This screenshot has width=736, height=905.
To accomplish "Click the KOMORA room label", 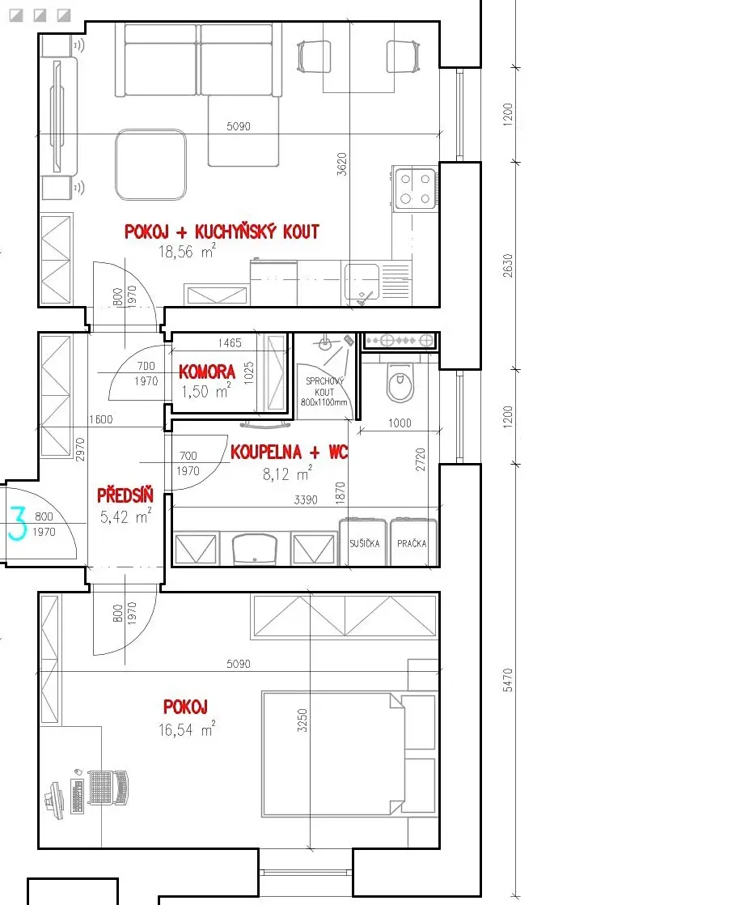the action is click(206, 372).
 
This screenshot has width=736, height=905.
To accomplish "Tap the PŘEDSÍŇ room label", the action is click(125, 495).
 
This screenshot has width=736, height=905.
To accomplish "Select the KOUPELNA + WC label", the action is click(289, 452).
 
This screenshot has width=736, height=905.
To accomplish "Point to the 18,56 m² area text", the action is click(187, 251).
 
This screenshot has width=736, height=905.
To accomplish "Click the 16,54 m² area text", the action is click(187, 729).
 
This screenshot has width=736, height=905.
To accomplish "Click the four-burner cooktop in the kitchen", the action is click(415, 189).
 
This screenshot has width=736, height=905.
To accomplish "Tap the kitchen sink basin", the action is click(362, 281).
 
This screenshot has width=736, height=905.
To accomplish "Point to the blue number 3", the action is click(17, 523).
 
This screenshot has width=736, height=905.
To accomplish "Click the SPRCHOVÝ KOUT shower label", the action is click(324, 391).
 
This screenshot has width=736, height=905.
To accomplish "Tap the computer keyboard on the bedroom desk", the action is click(78, 796).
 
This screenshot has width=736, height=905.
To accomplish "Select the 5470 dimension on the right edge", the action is click(508, 680).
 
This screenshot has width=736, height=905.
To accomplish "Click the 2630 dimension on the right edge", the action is click(508, 266).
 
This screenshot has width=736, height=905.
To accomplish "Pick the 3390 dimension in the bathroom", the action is click(306, 499).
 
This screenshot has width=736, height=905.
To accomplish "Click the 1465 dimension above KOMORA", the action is click(230, 343).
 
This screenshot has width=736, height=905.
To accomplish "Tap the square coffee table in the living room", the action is click(150, 165).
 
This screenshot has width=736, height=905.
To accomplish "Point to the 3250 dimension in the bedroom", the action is click(302, 720).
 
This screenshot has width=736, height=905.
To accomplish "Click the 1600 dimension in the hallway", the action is click(101, 419).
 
